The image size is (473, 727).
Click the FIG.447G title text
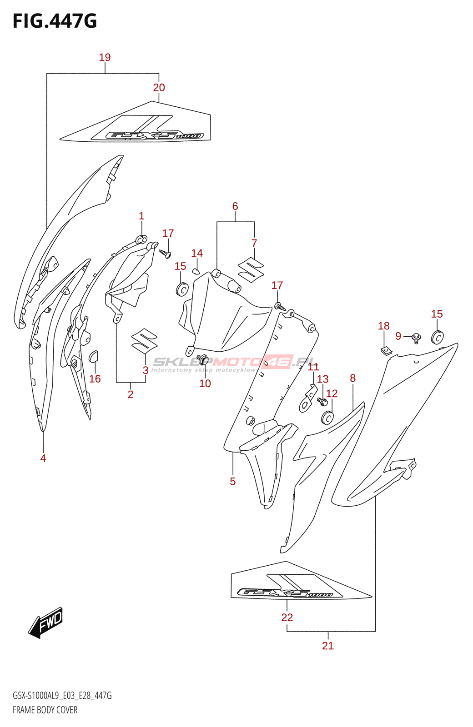click(x=55, y=21)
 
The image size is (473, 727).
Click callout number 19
click(x=105, y=58)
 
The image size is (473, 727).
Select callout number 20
click(x=159, y=88)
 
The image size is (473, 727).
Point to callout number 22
click(x=287, y=617)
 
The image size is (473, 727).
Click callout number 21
click(x=328, y=646)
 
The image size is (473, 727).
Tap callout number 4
click(x=43, y=458)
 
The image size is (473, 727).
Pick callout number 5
click(x=233, y=482)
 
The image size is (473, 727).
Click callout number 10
click(x=205, y=383)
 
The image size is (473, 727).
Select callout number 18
click(x=384, y=326)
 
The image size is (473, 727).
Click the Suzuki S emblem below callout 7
click(x=251, y=269)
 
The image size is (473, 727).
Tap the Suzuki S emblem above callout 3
click(x=144, y=340)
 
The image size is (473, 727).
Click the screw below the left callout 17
click(x=165, y=253)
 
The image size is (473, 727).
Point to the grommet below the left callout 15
click(x=182, y=289)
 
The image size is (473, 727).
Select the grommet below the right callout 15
click(x=437, y=337)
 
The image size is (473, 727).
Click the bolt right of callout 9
click(x=416, y=338)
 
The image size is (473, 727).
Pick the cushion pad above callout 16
click(x=94, y=356)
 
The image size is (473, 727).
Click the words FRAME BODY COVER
click(x=45, y=710)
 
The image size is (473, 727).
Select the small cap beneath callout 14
click(x=196, y=271)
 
